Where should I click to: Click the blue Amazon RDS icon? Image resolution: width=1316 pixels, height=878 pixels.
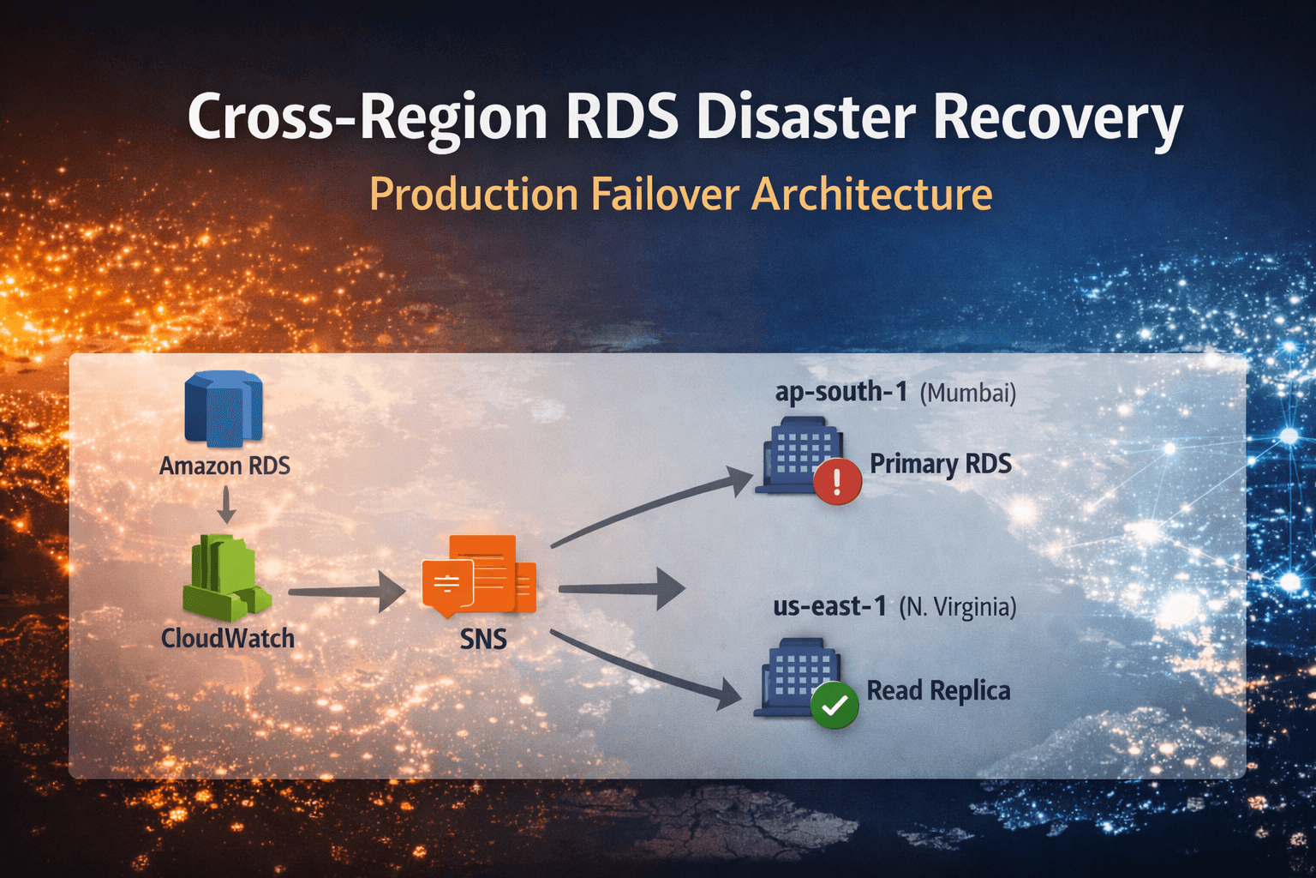tap(223, 409)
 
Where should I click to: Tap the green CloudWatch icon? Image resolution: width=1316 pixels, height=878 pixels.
tap(225, 578)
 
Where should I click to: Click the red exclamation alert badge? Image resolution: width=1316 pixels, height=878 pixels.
tap(837, 480)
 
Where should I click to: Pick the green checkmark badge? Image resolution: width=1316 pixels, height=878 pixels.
tap(834, 705)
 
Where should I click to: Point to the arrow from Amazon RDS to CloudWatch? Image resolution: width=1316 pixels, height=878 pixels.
tap(226, 505)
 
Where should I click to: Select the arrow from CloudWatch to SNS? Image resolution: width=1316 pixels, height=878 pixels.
tap(346, 592)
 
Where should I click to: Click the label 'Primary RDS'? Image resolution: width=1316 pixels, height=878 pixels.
tap(940, 464)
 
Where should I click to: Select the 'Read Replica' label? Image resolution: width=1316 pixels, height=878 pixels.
tap(938, 690)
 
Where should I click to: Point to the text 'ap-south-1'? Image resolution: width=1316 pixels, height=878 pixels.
tap(840, 392)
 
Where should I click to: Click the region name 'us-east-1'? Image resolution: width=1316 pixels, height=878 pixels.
tap(829, 606)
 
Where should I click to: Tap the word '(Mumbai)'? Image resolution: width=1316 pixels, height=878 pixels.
tap(967, 394)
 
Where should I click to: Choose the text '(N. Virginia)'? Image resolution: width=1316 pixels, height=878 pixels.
tap(957, 608)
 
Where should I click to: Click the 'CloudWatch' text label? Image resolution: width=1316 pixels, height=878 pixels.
tap(228, 638)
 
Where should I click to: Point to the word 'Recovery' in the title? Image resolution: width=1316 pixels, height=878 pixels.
tap(1057, 117)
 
